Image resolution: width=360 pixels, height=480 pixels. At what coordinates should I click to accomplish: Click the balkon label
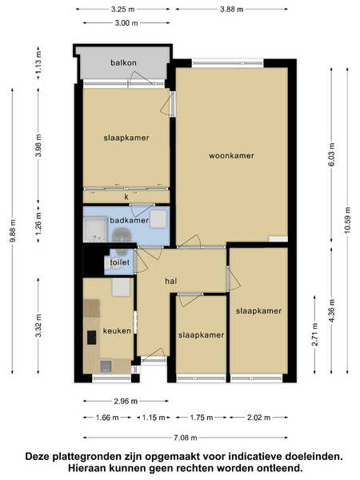(123, 62)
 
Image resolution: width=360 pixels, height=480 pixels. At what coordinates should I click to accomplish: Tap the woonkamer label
(231, 156)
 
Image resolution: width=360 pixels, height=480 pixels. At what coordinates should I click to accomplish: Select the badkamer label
(129, 221)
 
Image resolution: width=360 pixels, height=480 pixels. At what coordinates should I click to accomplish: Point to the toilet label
(120, 262)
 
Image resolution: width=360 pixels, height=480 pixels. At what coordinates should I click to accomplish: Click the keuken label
(117, 331)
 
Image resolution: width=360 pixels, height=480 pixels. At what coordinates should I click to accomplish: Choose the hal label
(171, 281)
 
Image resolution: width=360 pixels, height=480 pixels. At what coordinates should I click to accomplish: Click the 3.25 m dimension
(122, 10)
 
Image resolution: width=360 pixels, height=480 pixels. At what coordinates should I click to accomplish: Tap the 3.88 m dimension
(232, 10)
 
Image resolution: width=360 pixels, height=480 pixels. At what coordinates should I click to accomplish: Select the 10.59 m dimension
(347, 221)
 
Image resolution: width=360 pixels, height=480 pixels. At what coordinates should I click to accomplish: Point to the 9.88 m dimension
(13, 230)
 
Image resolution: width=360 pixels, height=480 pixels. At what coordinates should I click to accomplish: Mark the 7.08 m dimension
(186, 438)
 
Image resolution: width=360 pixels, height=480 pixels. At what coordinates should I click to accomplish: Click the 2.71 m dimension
(314, 334)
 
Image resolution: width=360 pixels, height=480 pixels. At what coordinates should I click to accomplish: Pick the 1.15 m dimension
(154, 418)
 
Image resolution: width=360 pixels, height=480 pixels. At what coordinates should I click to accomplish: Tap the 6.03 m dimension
(331, 154)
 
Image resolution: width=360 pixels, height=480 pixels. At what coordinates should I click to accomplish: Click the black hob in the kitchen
(91, 338)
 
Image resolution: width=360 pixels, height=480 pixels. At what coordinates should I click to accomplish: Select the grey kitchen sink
(106, 366)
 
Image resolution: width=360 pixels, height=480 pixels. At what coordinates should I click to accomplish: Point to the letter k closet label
(126, 197)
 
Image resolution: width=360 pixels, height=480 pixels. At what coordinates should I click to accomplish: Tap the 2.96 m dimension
(126, 401)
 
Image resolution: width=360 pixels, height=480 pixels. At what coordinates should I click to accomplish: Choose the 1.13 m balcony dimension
(38, 62)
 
